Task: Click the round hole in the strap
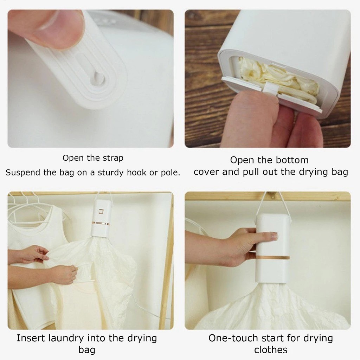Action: coord(96,78)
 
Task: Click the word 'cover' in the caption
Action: coord(206,172)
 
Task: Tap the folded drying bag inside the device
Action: coord(278,76)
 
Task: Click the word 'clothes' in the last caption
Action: coord(271,350)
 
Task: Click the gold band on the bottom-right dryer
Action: coord(272,257)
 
